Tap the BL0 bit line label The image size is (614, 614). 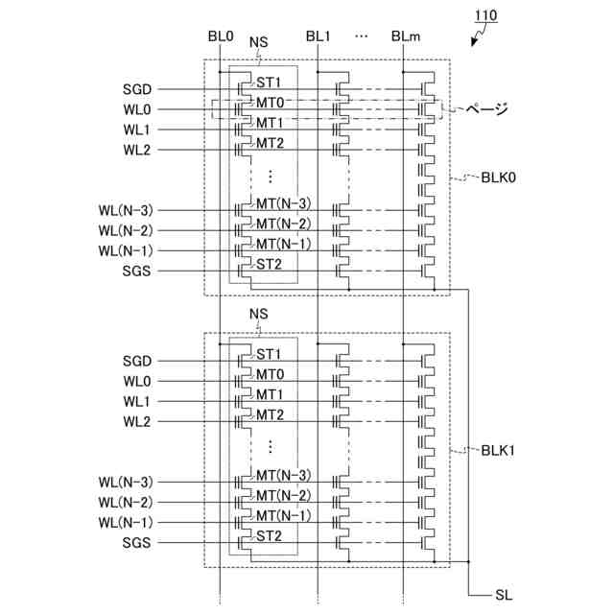[221, 36]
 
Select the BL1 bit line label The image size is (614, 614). [319, 36]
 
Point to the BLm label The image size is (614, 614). [404, 36]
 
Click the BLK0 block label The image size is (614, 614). [499, 177]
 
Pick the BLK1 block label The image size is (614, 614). [499, 449]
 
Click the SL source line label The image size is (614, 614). [504, 596]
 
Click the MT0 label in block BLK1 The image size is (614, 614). [270, 374]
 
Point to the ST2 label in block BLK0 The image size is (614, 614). [270, 264]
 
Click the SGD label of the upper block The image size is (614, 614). [137, 90]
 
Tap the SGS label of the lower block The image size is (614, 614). [137, 543]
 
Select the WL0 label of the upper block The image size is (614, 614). [137, 110]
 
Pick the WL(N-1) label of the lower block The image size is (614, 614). [125, 523]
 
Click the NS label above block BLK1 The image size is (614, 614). [258, 315]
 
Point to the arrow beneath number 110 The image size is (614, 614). [478, 39]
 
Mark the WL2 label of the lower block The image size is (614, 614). [137, 421]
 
